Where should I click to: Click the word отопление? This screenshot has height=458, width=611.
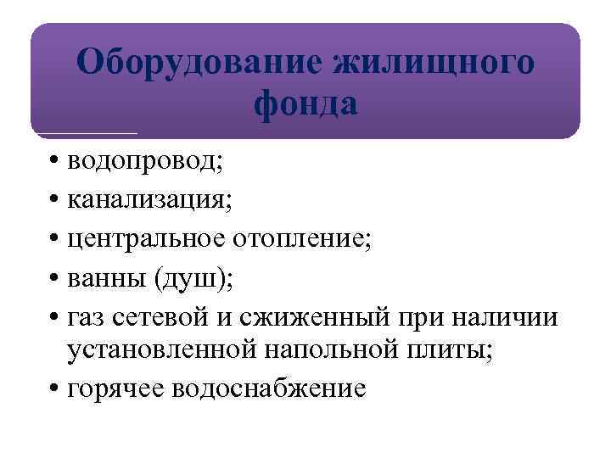tap(303, 240)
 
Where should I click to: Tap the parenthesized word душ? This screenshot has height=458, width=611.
tap(185, 278)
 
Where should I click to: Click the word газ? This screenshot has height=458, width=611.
tap(87, 317)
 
